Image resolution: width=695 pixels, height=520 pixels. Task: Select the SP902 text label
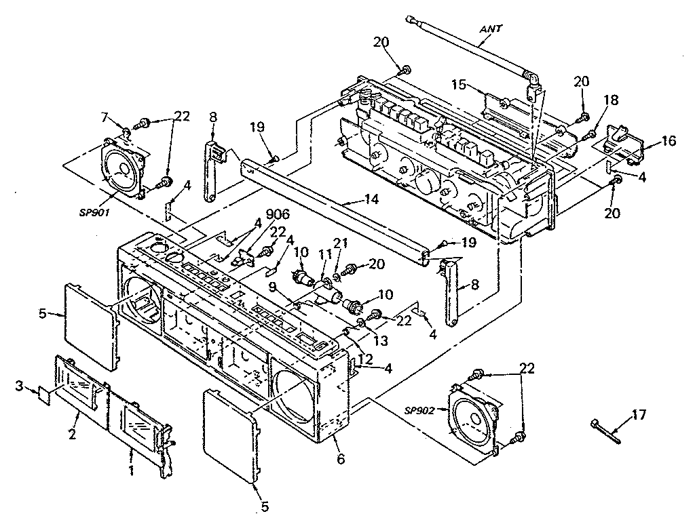click(424, 410)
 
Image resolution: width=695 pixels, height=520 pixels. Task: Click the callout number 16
click(669, 142)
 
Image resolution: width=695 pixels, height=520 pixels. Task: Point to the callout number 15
click(459, 84)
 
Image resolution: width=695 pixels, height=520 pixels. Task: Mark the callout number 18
click(612, 100)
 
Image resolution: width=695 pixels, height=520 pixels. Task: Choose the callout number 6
click(340, 459)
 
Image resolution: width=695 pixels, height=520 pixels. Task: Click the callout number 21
click(340, 244)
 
